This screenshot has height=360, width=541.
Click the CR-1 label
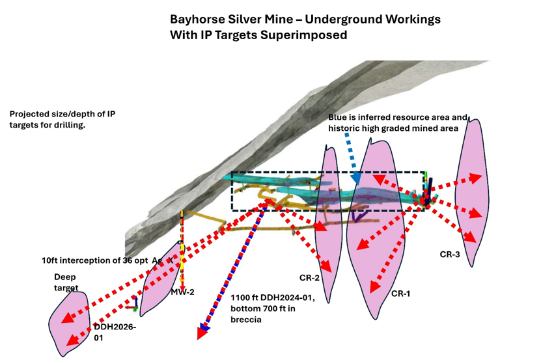point(400,294)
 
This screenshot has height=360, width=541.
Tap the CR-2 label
point(309,278)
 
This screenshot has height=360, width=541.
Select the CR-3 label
point(450,255)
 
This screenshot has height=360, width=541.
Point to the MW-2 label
point(183,292)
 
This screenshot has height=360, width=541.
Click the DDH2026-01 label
point(115,332)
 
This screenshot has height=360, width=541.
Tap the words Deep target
point(66,282)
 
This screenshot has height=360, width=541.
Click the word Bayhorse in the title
point(195,20)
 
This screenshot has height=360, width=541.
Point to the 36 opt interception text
point(107,260)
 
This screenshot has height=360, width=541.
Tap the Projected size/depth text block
point(62,119)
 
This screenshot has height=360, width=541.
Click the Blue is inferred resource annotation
point(398,122)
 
